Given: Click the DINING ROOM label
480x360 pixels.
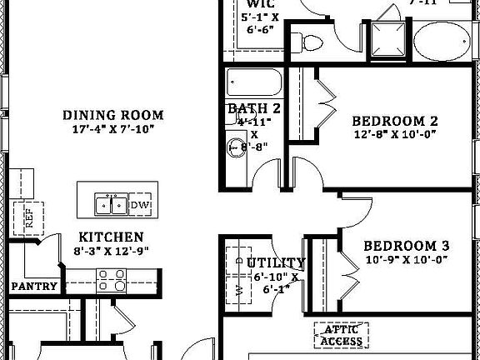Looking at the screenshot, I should pos(125,115).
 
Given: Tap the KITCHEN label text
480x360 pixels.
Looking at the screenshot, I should pos(111,237).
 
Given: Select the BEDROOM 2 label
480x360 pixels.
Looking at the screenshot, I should pos(394,120).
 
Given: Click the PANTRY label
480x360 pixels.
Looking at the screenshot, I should pos(34,287).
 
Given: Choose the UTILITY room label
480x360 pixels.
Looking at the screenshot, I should pos(276,264).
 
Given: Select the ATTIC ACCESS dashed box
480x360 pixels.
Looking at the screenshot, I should pos(341,335).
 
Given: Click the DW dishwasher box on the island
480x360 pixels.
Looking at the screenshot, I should pos(139,205).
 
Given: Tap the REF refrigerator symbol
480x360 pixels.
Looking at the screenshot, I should pos(29,218).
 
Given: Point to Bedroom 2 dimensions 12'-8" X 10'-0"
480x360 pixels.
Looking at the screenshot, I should pos(394,134).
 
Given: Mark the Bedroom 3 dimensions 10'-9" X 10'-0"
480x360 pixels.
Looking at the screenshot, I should pos(407,260).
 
